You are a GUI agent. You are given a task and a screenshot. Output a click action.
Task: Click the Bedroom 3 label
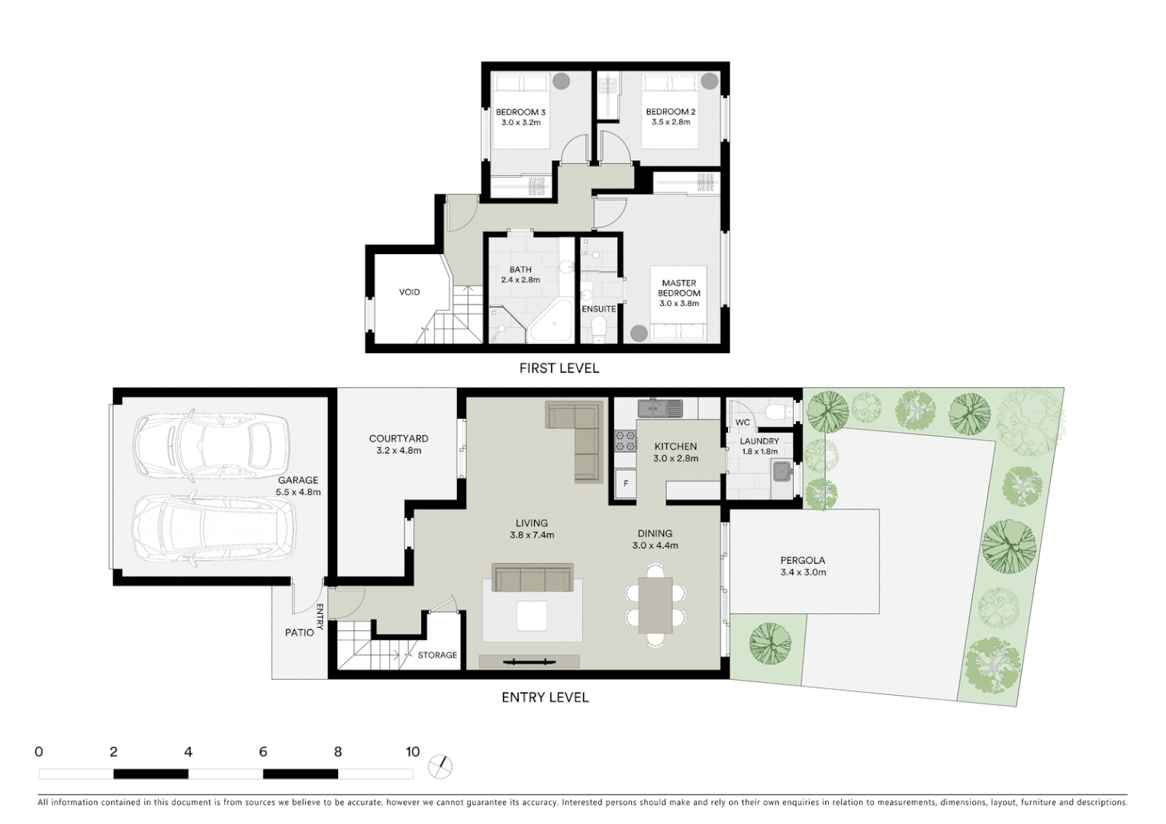point(520,112)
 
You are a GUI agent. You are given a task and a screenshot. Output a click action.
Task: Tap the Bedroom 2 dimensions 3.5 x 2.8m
point(670,122)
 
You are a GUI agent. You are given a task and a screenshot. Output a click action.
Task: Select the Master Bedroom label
point(678,288)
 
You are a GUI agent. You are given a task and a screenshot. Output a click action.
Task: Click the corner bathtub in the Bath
point(552,323)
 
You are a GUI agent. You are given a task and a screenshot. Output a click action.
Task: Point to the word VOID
point(409,292)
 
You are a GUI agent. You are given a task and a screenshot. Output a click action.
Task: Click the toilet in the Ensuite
point(598,330)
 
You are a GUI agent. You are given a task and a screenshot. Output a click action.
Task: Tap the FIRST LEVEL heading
point(559,369)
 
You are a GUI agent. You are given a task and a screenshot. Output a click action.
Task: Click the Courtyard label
point(398,439)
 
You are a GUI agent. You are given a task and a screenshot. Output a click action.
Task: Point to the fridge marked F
point(626,484)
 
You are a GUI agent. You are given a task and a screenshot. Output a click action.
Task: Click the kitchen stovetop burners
point(626,441)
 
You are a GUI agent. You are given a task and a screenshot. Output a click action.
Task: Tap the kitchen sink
point(661,408)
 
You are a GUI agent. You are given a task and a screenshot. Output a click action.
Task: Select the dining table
point(655,605)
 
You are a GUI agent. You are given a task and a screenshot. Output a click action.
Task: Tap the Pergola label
point(803,560)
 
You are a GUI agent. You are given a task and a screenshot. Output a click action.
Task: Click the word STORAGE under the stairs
point(437,655)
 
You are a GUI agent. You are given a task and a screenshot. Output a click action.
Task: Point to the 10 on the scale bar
point(413,752)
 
